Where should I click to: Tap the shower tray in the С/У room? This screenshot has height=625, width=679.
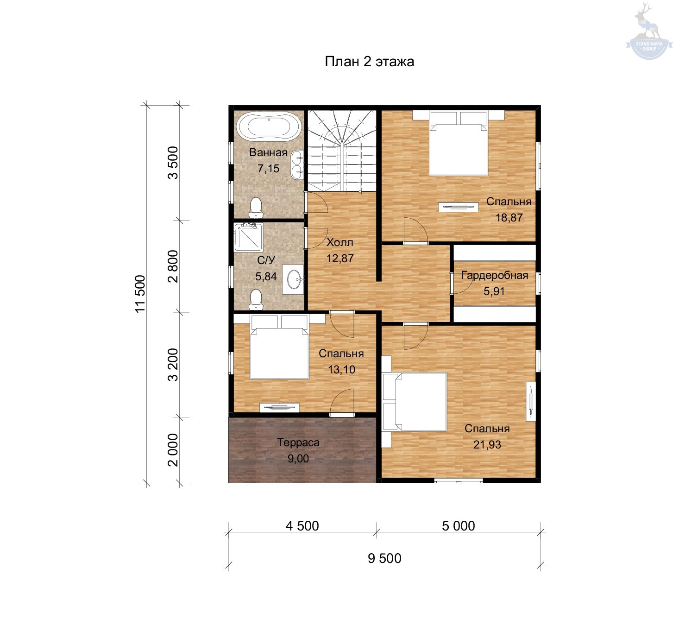tap(248, 237)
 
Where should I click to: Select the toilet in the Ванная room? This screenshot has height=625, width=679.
tap(256, 208)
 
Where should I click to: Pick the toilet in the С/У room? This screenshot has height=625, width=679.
tap(256, 299)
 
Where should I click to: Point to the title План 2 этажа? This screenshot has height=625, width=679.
tap(369, 62)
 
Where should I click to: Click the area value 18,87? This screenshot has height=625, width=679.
tap(509, 217)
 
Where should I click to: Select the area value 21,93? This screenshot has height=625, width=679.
tap(487, 444)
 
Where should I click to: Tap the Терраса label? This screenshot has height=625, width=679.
tap(298, 442)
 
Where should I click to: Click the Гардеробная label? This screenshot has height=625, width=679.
tap(495, 275)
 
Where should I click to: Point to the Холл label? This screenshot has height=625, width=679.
tap(340, 242)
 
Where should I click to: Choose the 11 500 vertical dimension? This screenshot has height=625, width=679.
tap(140, 294)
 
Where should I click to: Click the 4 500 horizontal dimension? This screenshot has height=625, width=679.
tap(302, 526)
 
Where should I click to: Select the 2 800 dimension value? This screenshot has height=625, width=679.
tap(173, 266)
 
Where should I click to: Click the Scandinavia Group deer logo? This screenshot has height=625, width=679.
tap(649, 31)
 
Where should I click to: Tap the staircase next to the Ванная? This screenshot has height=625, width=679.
tap(342, 151)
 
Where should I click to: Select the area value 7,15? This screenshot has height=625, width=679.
tap(269, 168)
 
